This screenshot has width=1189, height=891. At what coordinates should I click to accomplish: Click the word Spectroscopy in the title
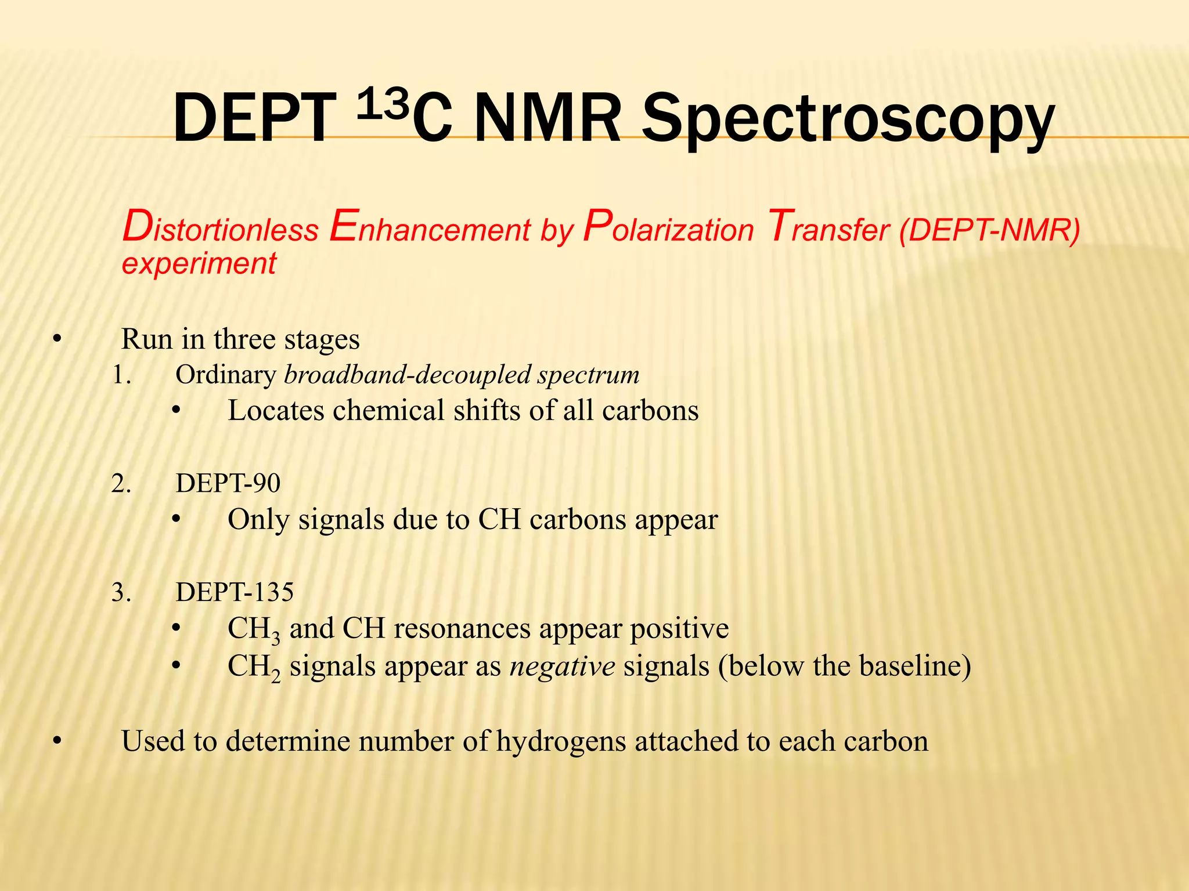click(847, 119)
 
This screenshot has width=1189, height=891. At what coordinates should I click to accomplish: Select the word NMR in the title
click(547, 119)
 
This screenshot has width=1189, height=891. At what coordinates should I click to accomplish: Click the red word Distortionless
click(221, 228)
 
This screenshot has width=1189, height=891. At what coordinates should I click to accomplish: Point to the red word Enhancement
click(430, 228)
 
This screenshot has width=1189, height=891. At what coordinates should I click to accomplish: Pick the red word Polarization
click(668, 228)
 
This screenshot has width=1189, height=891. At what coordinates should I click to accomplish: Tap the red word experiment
click(199, 263)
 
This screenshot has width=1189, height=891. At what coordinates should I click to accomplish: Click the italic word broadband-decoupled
click(408, 375)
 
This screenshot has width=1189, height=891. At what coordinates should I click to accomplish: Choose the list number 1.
click(121, 375)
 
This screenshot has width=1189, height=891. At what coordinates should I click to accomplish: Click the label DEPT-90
click(228, 483)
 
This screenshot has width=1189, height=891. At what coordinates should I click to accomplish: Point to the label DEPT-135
click(235, 592)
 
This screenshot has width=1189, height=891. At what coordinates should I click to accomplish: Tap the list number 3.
click(121, 593)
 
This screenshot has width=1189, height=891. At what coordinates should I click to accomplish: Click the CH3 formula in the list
click(254, 630)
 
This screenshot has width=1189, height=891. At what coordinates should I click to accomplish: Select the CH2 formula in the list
click(254, 668)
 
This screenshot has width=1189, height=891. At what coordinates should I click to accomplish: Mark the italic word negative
click(563, 667)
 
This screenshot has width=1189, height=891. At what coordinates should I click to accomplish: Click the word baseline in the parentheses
click(909, 666)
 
